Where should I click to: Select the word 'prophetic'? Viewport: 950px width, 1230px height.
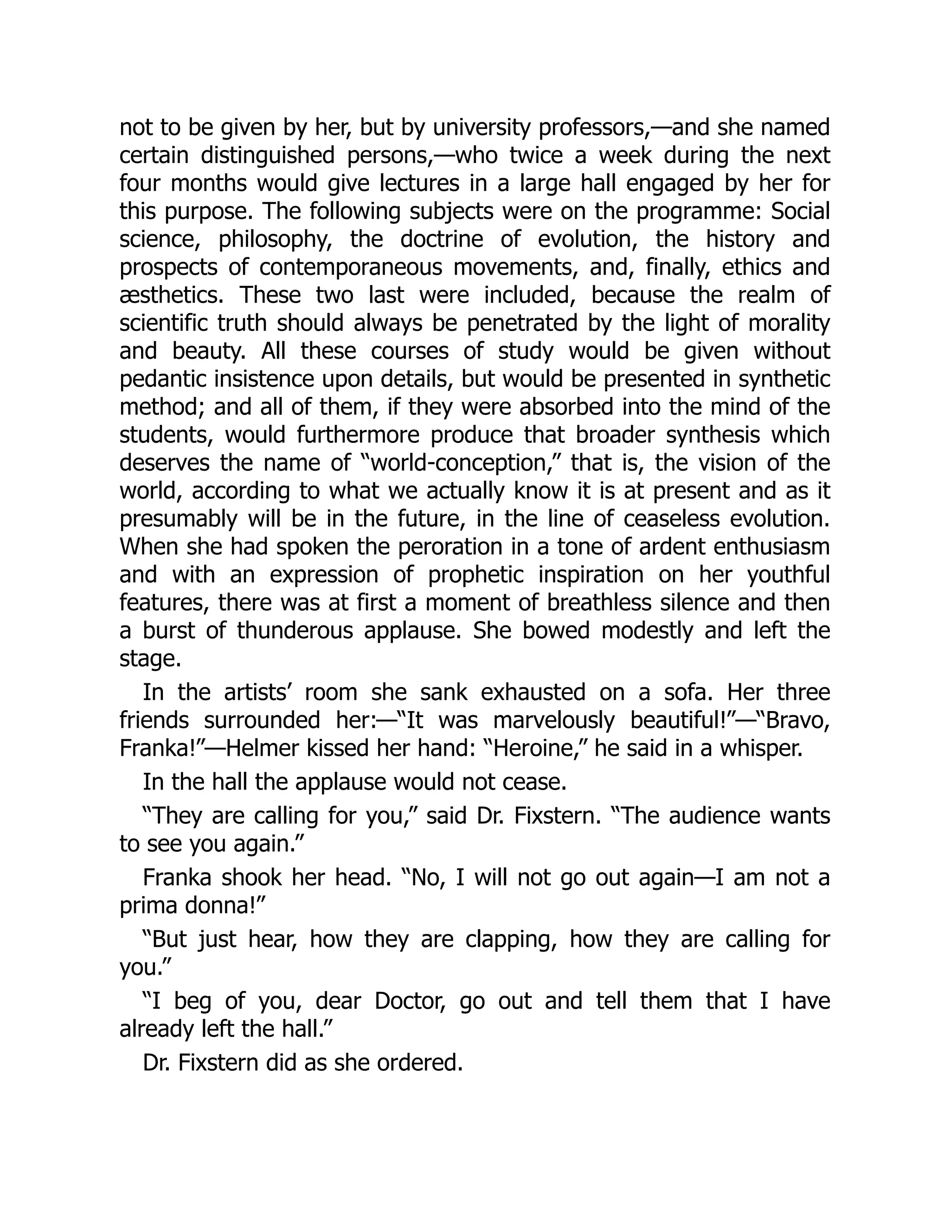(x=477, y=575)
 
